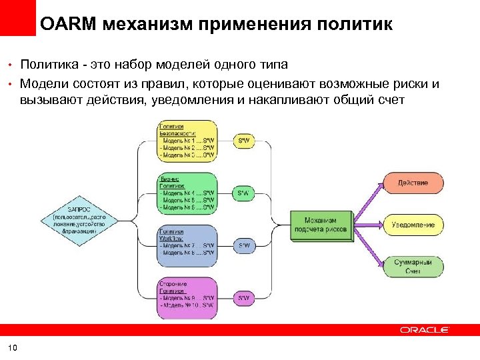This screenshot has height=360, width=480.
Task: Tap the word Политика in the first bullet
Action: [47, 65]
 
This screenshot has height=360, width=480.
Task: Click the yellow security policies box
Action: [187, 141]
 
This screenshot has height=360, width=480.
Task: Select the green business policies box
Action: [187, 193]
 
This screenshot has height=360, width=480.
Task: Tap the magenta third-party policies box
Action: [187, 297]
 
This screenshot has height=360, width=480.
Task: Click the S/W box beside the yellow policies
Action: [244, 141]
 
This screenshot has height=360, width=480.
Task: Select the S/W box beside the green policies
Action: [244, 193]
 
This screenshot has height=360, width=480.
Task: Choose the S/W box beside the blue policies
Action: [244, 245]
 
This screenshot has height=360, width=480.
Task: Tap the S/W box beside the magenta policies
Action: [244, 297]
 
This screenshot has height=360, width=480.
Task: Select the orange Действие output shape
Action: [412, 183]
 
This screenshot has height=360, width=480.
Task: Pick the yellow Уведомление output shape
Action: [412, 225]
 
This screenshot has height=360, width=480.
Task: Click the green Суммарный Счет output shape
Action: [412, 267]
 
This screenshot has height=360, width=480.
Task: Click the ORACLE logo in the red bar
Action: [425, 330]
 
